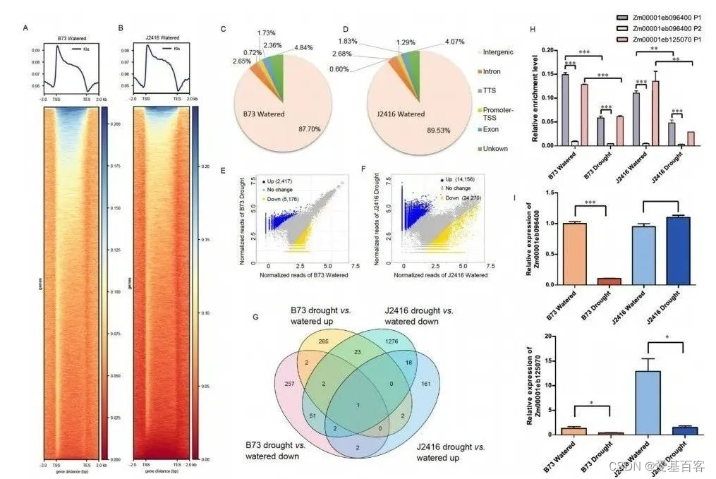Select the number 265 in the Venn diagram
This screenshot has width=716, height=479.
coord(324,341)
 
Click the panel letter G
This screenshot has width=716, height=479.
coord(256,315)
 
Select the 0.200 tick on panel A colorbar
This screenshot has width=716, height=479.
coord(115,124)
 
